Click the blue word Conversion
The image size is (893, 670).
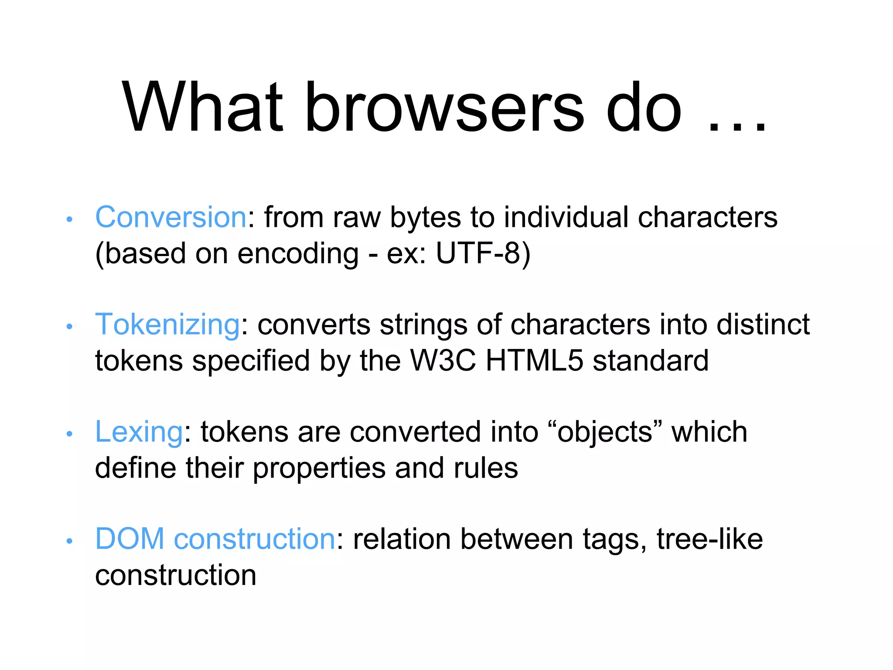click(x=171, y=217)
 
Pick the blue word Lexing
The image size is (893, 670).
click(x=139, y=432)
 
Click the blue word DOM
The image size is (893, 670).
click(x=130, y=539)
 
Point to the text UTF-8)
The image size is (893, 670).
click(x=483, y=253)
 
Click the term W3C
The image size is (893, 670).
click(x=443, y=361)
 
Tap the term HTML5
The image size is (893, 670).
click(x=534, y=361)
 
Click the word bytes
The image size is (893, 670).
click(x=425, y=217)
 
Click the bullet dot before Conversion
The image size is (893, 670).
click(x=69, y=219)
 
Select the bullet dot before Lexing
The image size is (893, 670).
click(x=69, y=434)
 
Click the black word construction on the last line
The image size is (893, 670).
click(x=175, y=575)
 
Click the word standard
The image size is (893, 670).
click(x=650, y=361)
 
